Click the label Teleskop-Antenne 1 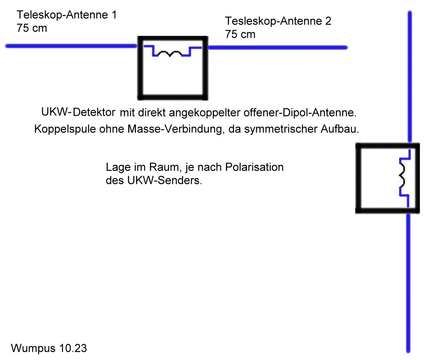(66, 16)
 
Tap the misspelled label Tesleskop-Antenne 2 (278, 21)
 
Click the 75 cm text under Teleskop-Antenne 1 (32, 28)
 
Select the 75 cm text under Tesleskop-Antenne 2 (240, 34)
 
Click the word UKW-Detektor (78, 113)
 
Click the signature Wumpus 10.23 (49, 348)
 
